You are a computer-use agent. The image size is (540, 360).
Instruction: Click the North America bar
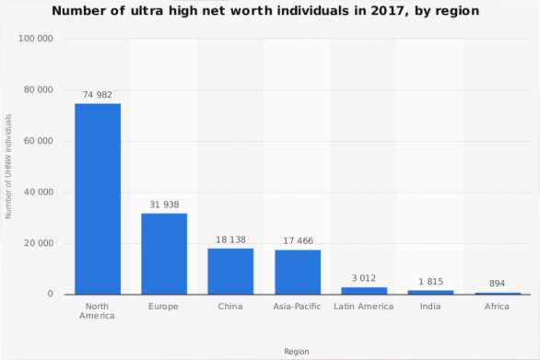[98, 199]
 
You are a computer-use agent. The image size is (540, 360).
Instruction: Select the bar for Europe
[164, 254]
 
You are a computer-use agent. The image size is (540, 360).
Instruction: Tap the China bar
[230, 272]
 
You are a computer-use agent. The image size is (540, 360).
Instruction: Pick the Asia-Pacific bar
[298, 273]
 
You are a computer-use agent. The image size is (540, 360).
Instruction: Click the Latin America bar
[364, 291]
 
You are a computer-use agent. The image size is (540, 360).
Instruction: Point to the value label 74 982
[98, 95]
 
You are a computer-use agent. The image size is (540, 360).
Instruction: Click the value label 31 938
[164, 204]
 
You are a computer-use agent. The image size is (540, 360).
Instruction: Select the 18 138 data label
[230, 240]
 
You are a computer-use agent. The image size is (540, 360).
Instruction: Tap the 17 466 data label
[299, 241]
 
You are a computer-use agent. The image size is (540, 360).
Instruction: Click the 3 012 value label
[364, 278]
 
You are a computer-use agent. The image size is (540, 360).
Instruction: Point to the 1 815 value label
[431, 282]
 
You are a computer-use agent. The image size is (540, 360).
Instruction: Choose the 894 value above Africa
[497, 284]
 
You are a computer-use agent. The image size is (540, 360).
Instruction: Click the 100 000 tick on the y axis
[36, 39]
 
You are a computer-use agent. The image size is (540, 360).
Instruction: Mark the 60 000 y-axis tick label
[39, 141]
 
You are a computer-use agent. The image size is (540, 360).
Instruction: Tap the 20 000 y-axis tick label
[39, 243]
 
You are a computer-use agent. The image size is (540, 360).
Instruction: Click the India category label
[430, 307]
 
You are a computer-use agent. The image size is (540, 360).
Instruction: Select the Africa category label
[497, 307]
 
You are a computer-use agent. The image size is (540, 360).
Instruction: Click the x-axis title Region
[297, 352]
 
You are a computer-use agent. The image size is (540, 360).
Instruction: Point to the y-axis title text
[8, 167]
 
